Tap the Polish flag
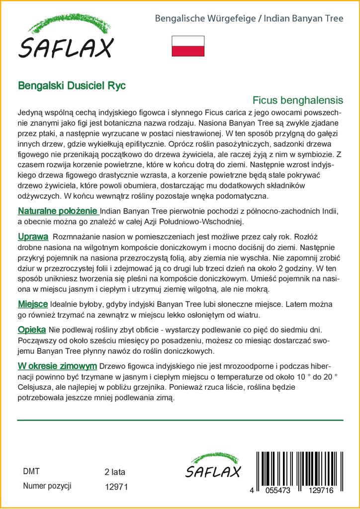[188, 46]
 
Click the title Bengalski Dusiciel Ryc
[72, 85]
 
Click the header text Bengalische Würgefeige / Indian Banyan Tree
[249, 19]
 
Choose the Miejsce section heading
[33, 304]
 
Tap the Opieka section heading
[32, 330]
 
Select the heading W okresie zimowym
[57, 366]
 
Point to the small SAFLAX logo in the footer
[212, 466]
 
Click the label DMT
[31, 472]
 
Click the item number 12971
[117, 487]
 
